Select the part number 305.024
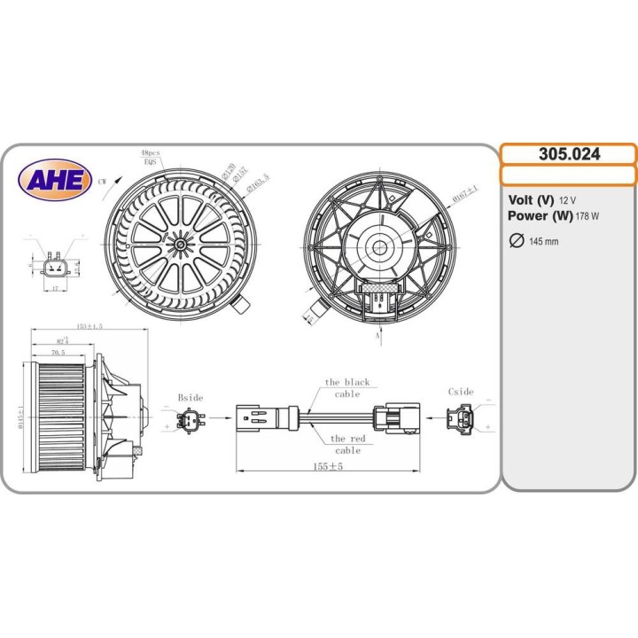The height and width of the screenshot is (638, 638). coord(569,153)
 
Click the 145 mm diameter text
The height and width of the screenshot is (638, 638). coord(543,242)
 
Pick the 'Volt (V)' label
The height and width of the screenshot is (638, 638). coord(531,200)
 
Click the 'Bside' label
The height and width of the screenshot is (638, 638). coord(191,398)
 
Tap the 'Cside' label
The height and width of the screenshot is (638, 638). coord(461,392)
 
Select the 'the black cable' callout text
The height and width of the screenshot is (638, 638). coord(346,388)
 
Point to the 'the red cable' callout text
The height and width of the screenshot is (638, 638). coord(347,444)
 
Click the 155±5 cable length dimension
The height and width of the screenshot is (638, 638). coord(327,466)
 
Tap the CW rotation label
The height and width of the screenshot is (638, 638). coord(104,181)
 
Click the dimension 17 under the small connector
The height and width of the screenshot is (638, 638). coord(55,288)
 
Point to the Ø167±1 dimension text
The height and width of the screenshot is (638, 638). coord(465,193)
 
